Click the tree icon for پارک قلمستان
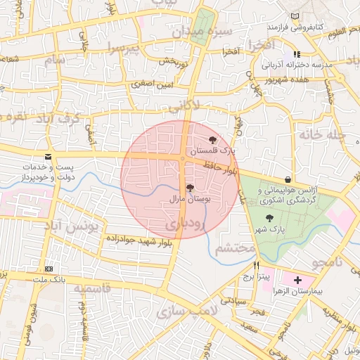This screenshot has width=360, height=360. (x=213, y=140)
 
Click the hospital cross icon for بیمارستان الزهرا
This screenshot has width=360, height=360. (x=297, y=279)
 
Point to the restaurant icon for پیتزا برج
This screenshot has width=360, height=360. (x=256, y=265)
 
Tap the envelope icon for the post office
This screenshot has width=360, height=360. (x=48, y=156)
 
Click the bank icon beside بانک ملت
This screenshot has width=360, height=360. (x=48, y=269)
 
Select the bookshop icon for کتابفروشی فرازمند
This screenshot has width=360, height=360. (x=294, y=16)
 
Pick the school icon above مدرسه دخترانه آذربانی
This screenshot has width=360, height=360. (x=297, y=54)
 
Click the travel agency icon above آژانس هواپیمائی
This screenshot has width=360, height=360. (x=288, y=179)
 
